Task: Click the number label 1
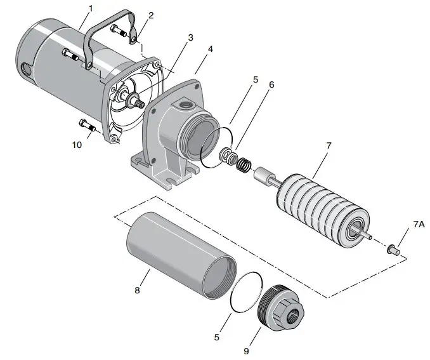coord(90,8)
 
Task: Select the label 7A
coord(419,225)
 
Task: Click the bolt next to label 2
coord(120,29)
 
